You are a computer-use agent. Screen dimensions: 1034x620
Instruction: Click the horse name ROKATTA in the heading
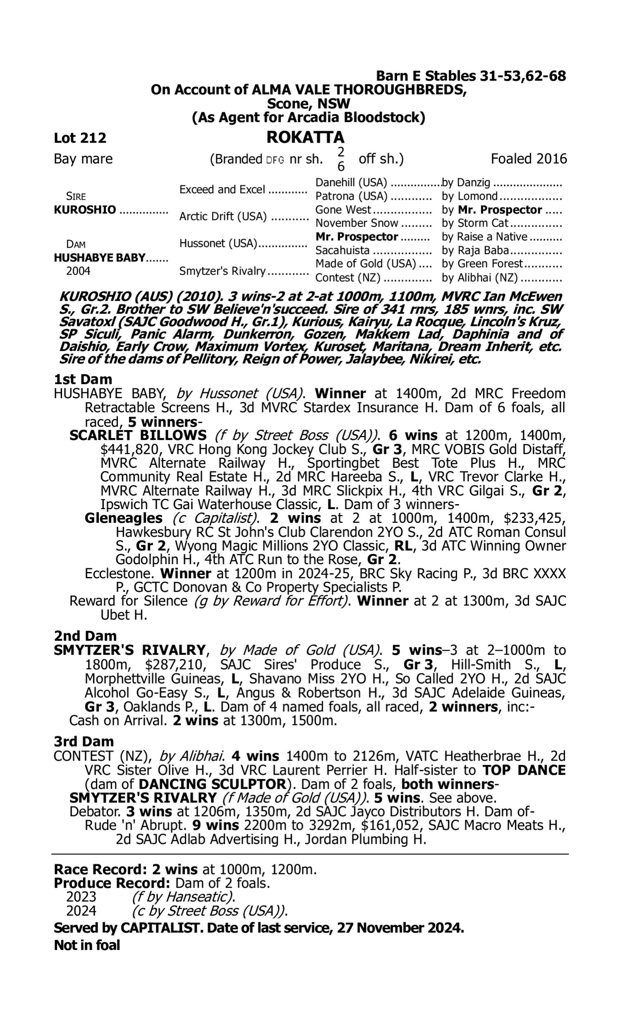(x=305, y=137)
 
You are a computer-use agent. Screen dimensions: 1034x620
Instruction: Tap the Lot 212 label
(x=80, y=138)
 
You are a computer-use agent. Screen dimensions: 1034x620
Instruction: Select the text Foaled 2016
(x=529, y=159)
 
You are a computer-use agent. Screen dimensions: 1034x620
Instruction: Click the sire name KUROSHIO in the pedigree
(x=85, y=210)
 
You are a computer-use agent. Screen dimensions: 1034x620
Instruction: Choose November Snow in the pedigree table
(x=356, y=223)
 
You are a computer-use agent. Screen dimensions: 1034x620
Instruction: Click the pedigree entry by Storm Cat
(x=475, y=223)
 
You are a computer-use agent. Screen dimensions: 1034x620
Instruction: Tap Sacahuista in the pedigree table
(x=342, y=250)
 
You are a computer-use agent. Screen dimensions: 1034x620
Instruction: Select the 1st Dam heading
(x=83, y=379)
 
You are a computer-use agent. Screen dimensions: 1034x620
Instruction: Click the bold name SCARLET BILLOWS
(x=138, y=435)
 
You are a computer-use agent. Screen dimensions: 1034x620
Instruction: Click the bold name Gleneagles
(x=123, y=518)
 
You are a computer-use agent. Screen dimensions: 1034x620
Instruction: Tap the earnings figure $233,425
(x=534, y=518)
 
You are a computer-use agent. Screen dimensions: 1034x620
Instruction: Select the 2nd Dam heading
(x=85, y=636)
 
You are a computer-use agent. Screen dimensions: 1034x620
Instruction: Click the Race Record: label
(x=100, y=870)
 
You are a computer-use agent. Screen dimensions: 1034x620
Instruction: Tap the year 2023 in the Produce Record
(x=81, y=897)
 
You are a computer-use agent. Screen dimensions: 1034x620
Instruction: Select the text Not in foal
(x=87, y=945)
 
